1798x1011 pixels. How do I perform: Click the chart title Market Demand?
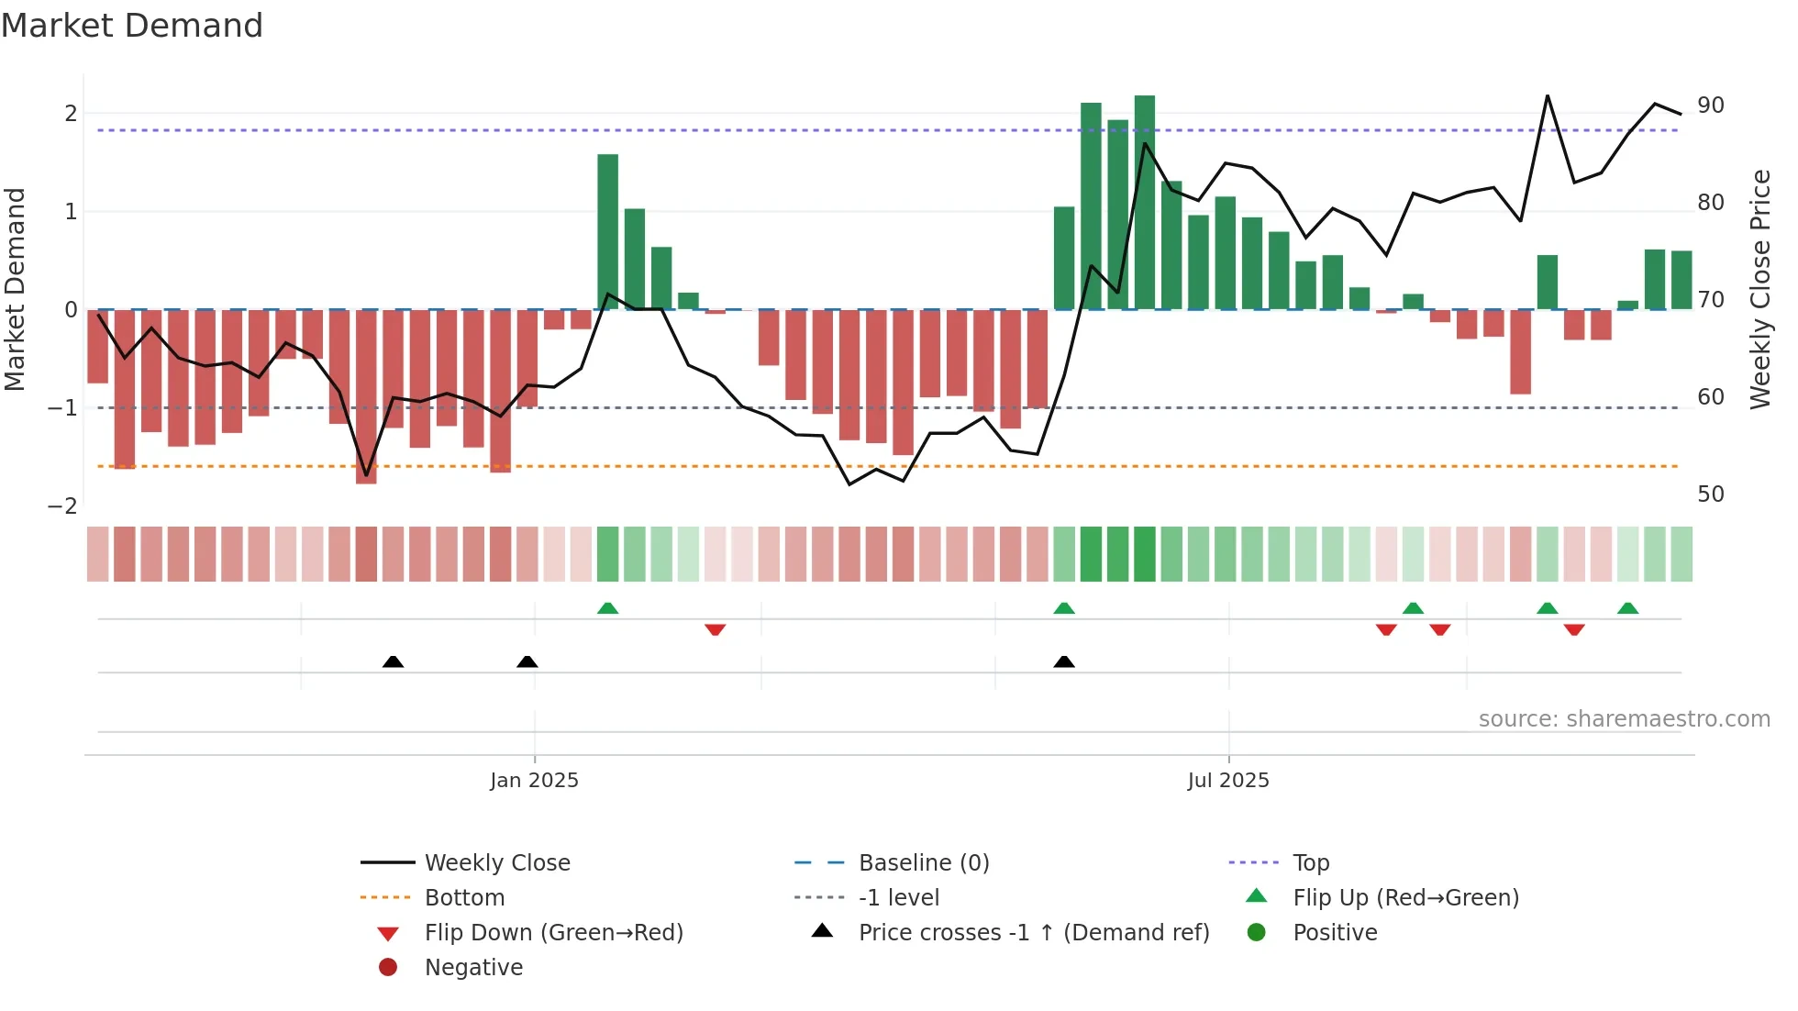132,26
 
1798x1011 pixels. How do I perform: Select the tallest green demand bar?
1144,202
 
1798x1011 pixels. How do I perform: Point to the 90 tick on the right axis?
1711,106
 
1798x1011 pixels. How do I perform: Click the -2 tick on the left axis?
63,505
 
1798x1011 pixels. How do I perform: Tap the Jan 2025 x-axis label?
534,781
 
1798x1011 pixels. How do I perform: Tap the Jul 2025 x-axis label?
1227,781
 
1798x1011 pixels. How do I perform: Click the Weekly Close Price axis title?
1759,289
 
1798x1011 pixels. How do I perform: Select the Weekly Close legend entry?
496,863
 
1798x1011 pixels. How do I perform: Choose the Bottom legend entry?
464,898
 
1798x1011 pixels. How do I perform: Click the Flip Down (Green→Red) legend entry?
553,933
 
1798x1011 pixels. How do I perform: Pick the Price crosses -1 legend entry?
1033,933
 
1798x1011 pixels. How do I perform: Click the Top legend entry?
1310,863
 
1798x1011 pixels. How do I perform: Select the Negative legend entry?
473,968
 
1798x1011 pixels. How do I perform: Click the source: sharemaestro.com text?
1624,719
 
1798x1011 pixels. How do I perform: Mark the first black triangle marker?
393,661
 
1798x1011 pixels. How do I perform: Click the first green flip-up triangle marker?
607,608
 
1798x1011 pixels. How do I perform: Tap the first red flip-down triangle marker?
716,629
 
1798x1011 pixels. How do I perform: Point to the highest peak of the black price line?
1548,95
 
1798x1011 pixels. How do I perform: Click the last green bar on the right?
1681,280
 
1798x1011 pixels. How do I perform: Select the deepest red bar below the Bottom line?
366,396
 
